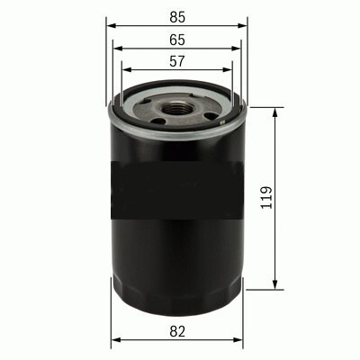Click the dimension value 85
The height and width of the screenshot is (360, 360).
pos(176,15)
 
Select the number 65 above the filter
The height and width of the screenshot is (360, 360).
pos(176,40)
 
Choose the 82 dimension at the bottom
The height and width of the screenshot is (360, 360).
pos(176,331)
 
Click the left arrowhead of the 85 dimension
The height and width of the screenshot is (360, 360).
pos(111,25)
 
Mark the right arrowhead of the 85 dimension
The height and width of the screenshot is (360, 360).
pos(243,25)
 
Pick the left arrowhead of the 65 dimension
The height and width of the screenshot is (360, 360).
pos(119,49)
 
